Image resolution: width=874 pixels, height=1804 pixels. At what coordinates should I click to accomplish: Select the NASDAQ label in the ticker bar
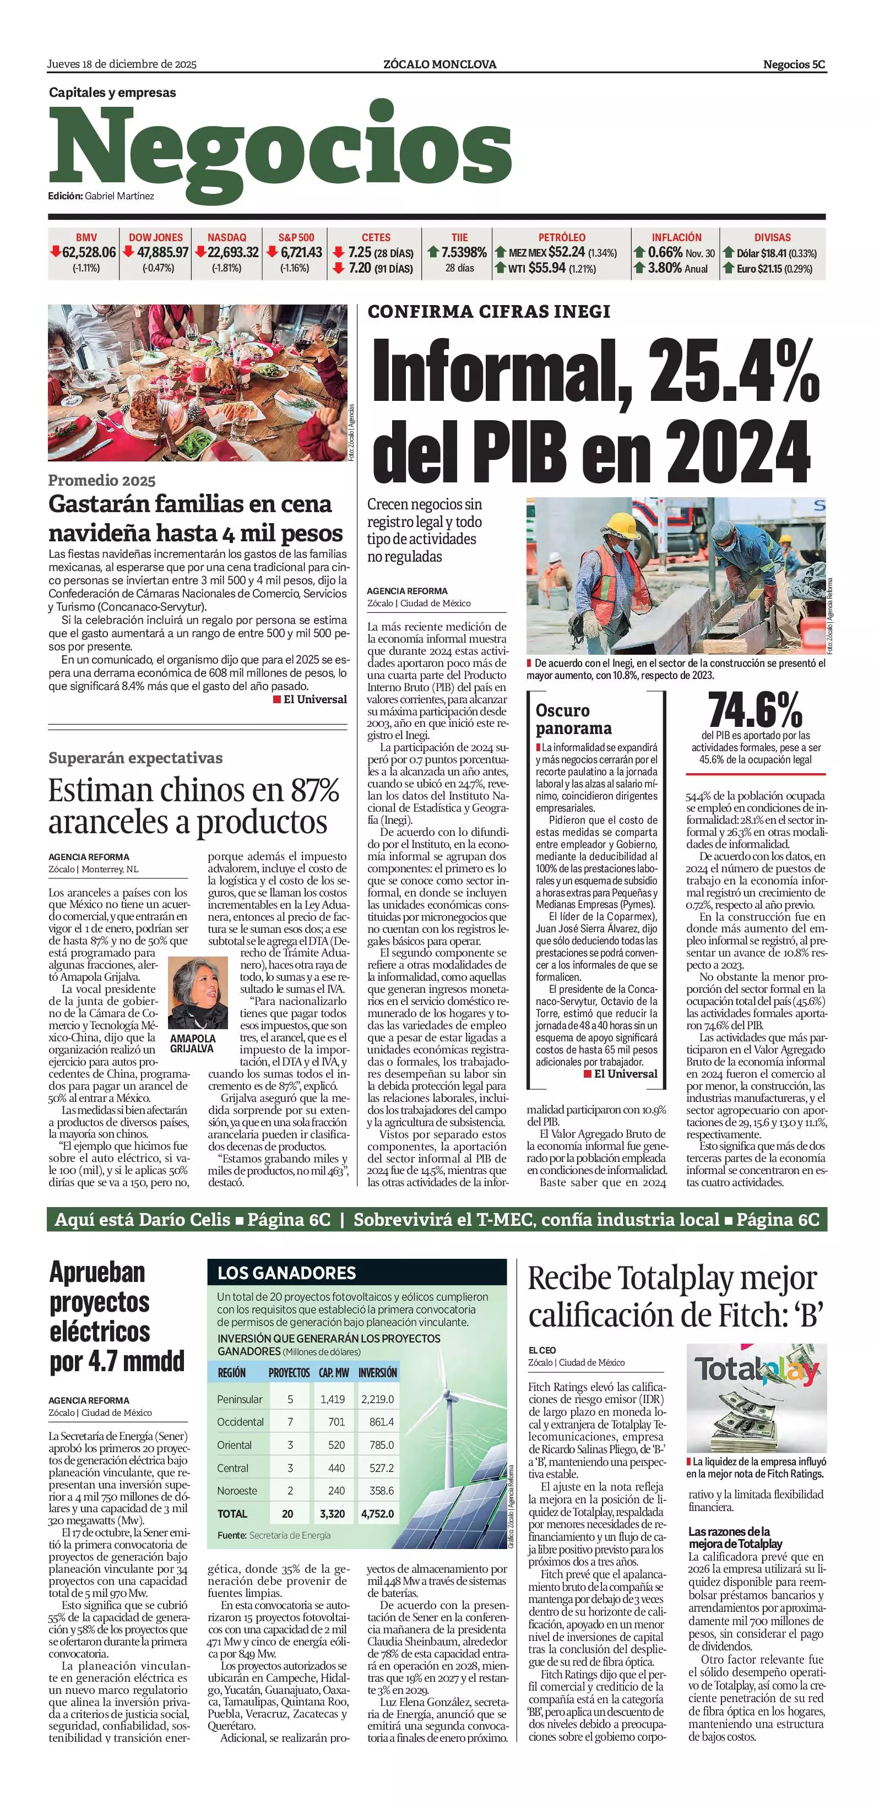click(x=227, y=237)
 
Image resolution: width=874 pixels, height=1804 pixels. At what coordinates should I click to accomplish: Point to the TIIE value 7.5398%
click(x=464, y=252)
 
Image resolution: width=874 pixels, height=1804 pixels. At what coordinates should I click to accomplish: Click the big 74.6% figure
click(x=755, y=710)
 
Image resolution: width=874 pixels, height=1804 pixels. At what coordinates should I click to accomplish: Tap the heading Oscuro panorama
click(x=573, y=719)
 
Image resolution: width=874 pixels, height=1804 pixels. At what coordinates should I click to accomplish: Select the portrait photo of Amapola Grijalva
click(x=198, y=993)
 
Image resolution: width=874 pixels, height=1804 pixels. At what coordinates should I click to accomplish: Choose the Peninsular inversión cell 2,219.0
click(x=377, y=1399)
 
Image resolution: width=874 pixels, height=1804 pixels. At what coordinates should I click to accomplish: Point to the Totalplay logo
click(x=756, y=1370)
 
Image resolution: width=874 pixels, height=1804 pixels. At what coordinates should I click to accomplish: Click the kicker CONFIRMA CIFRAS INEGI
click(x=489, y=312)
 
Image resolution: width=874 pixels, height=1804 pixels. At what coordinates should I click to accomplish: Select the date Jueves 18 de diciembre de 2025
click(x=122, y=64)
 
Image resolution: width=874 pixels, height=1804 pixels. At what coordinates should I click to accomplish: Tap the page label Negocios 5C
click(x=794, y=64)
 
